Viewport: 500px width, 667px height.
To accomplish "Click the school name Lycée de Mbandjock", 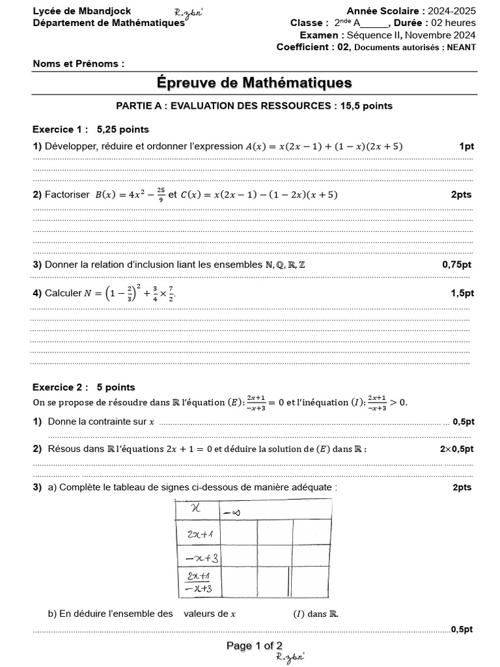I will (x=82, y=11).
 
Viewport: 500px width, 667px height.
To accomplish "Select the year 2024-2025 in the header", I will (x=450, y=11).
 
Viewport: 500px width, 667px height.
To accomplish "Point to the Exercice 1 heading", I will (x=59, y=129).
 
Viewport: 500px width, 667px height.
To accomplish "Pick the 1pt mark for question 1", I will (x=466, y=147).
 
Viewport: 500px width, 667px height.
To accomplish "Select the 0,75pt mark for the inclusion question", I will (x=456, y=264).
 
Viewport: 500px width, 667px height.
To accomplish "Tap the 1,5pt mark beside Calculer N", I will (x=462, y=294).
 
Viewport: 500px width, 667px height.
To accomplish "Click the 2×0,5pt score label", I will (x=456, y=449).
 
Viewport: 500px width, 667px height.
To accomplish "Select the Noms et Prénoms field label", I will (x=78, y=64).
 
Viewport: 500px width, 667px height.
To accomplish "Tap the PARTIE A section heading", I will (x=254, y=105).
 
